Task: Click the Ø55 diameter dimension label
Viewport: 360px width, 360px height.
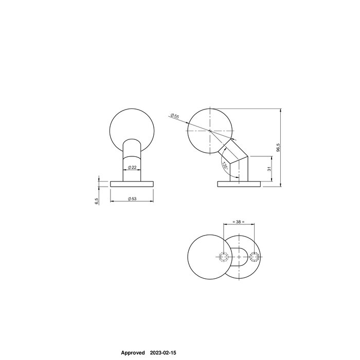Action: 175,116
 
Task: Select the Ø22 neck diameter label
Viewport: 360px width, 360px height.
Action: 132,167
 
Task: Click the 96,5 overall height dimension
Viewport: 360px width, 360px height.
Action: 278,148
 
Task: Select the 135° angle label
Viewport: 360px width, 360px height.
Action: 225,166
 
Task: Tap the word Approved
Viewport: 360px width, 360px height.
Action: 132,353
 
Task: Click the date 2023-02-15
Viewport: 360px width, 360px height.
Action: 163,353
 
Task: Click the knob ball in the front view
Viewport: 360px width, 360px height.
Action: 132,128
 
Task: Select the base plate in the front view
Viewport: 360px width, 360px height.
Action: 132,184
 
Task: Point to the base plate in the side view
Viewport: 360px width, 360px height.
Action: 239,184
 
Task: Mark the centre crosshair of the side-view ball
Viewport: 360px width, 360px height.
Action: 210,131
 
